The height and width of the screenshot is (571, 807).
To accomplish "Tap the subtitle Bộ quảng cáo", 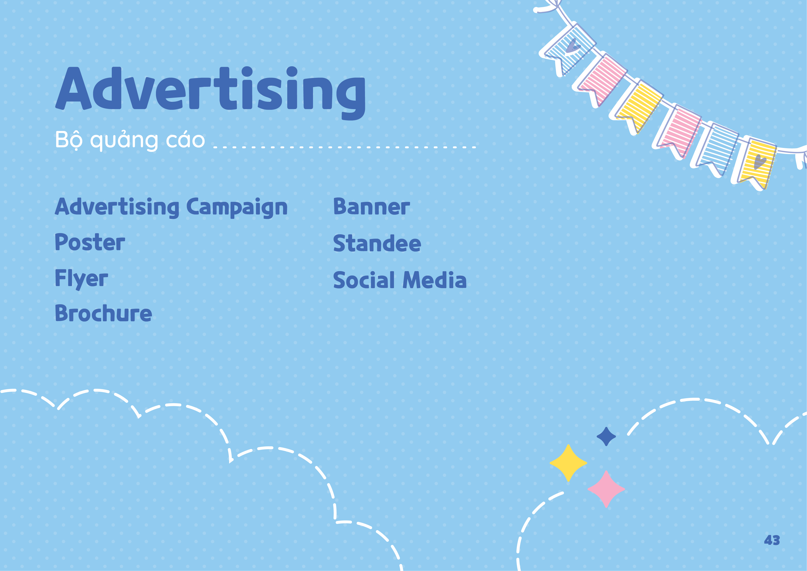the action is [x=130, y=140].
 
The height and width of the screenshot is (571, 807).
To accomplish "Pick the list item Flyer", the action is [x=81, y=279].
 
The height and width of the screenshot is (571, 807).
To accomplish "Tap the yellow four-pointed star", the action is [x=568, y=463].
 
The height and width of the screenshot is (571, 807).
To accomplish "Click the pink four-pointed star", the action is [x=606, y=489].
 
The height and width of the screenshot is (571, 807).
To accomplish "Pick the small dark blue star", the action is [x=606, y=437].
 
